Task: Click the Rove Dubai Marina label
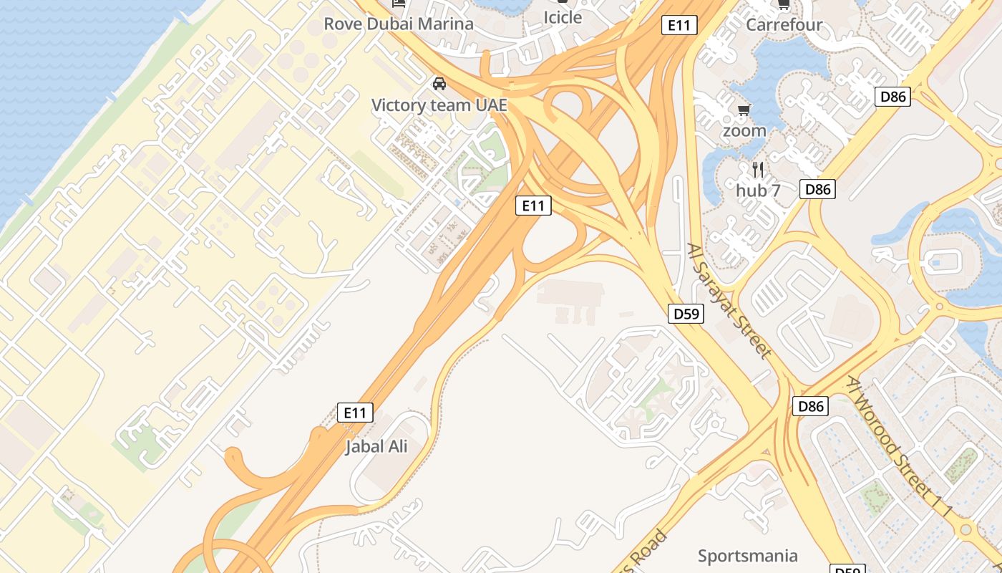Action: tap(399, 24)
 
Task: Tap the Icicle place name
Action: tap(563, 17)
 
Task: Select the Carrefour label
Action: tap(784, 24)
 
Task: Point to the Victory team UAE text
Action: tap(439, 105)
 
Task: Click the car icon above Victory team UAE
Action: tap(439, 85)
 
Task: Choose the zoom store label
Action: tap(744, 131)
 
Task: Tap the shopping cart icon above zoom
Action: tap(744, 110)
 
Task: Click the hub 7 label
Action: tap(758, 191)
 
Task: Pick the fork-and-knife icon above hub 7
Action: tap(759, 170)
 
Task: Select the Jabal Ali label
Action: tap(376, 446)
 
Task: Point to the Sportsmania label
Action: tap(747, 556)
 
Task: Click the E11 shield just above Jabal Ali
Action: tap(356, 413)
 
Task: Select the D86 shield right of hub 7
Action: tap(817, 189)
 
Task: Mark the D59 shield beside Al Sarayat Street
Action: tap(686, 313)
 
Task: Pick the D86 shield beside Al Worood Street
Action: tap(811, 407)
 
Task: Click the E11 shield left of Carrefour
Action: tap(678, 25)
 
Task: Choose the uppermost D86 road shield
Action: tap(892, 96)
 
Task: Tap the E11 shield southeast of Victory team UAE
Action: tap(533, 206)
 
